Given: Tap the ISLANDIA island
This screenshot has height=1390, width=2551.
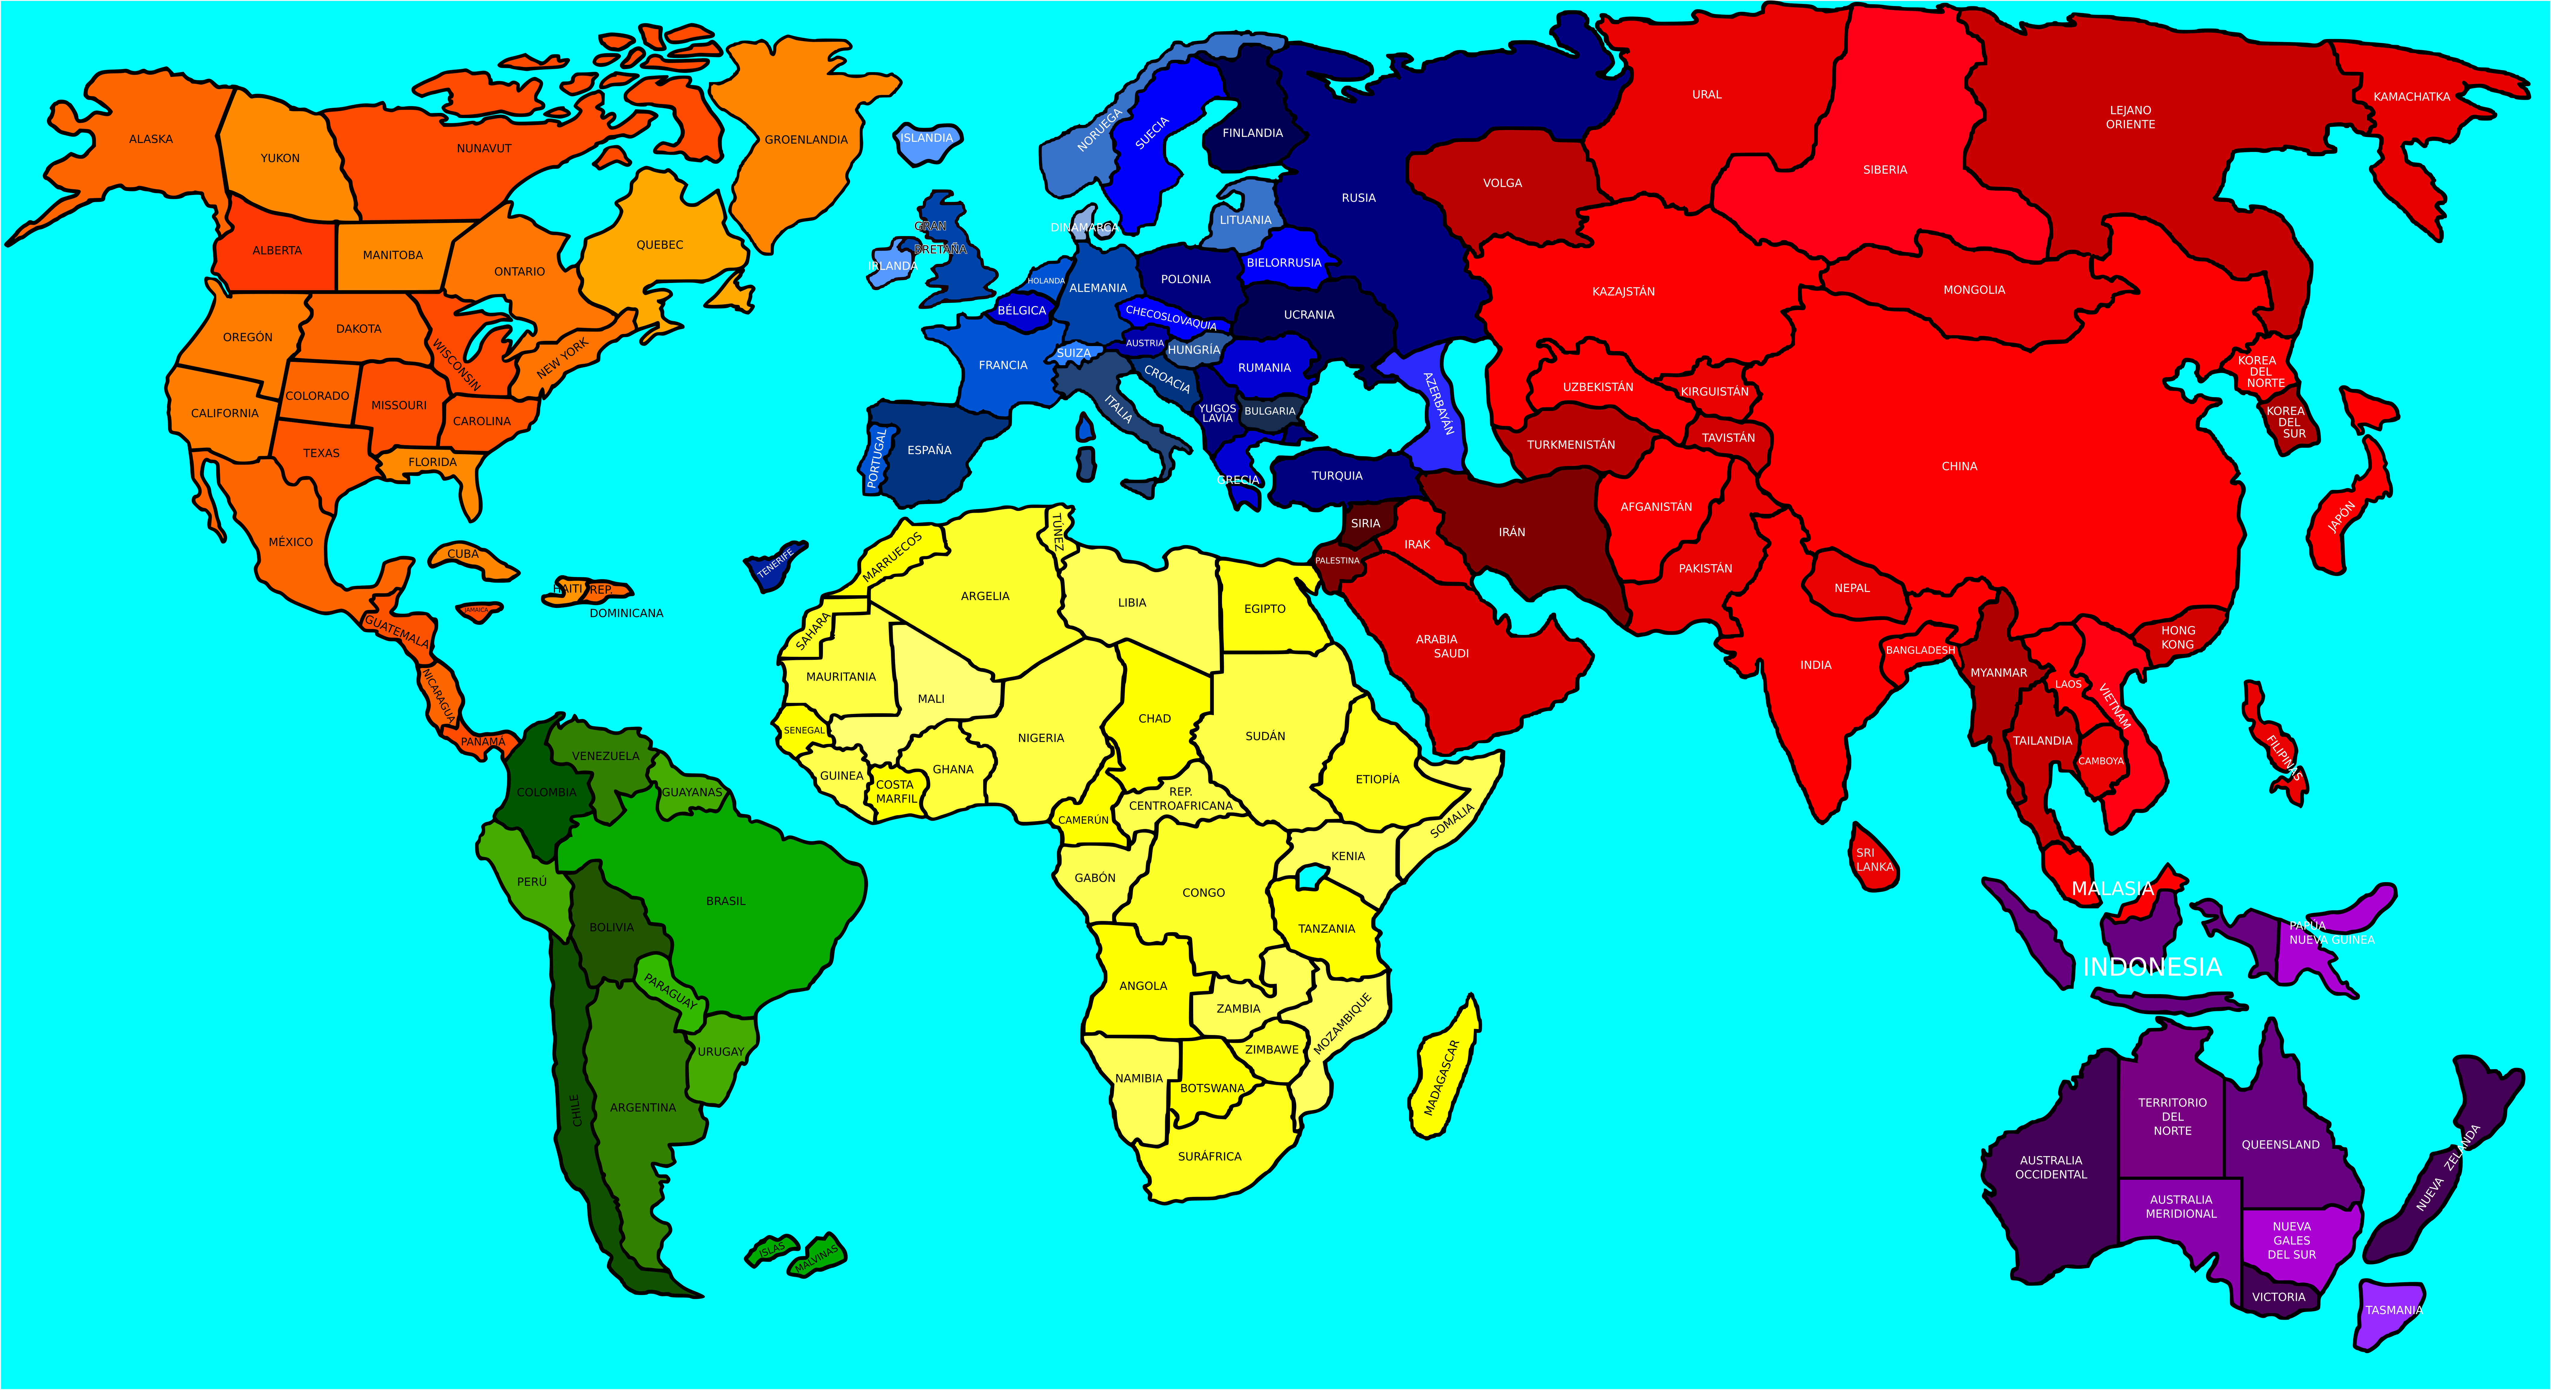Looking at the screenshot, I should coord(927,138).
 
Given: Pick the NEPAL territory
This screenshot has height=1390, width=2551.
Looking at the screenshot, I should coord(1851,588).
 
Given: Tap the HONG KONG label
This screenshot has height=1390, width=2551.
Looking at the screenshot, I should coord(2178,638).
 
